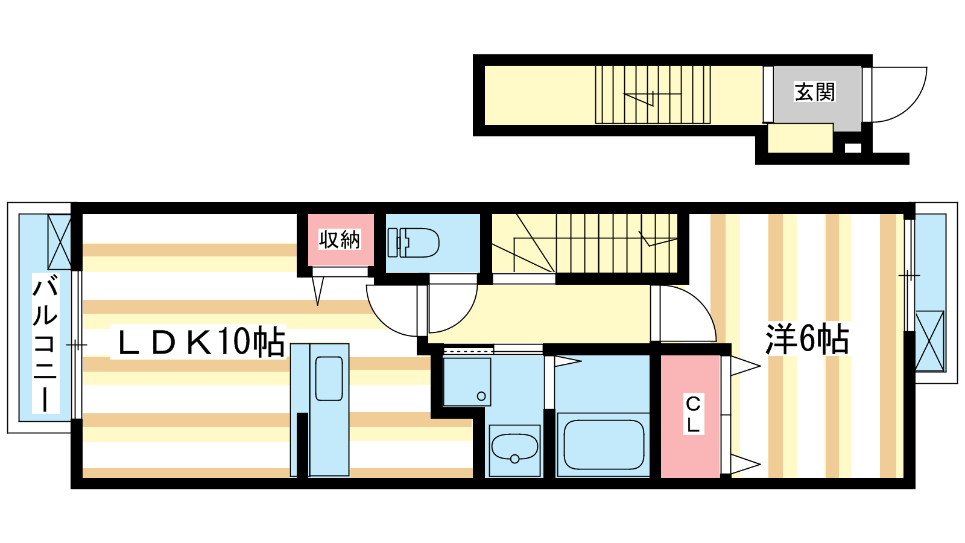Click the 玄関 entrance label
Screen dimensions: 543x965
(815, 92)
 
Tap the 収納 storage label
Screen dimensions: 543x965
(340, 240)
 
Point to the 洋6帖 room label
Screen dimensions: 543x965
(807, 340)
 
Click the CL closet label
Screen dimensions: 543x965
(693, 414)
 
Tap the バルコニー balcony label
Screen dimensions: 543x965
(45, 343)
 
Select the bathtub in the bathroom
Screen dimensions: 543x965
(603, 445)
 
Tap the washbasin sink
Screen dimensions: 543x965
(514, 448)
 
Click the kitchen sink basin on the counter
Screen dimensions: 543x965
(329, 378)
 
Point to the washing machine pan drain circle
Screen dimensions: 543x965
(481, 396)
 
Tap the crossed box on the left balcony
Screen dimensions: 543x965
(59, 242)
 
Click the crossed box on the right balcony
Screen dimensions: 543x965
(929, 341)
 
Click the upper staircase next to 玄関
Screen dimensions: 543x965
(653, 95)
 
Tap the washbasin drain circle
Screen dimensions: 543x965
(514, 459)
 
